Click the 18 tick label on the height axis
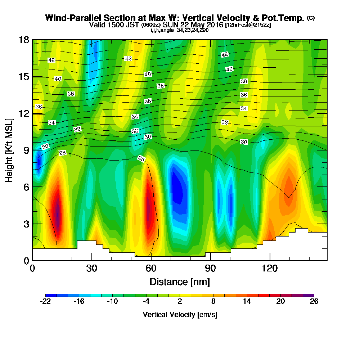click(24, 40)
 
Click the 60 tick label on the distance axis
click(151, 268)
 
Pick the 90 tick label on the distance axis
click(211, 268)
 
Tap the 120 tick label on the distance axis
click(270, 268)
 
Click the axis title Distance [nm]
click(180, 281)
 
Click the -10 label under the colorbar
click(113, 302)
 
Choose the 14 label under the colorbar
click(247, 302)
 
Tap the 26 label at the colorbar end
click(314, 302)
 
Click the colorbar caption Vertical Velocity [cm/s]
click(180, 315)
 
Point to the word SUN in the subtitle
click(170, 25)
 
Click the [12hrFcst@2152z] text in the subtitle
click(248, 25)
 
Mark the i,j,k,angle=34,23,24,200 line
click(180, 30)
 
